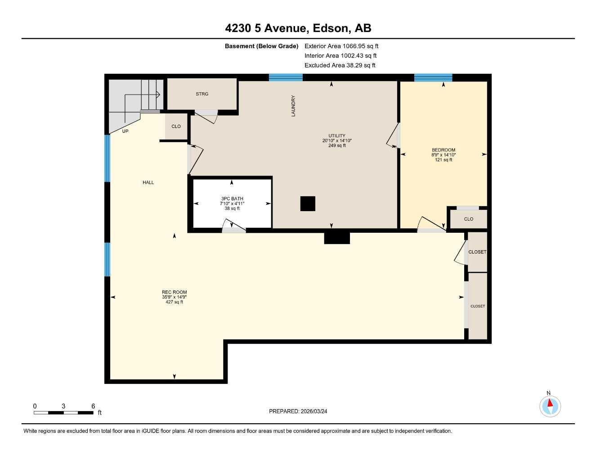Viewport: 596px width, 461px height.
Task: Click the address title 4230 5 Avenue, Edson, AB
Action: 298,28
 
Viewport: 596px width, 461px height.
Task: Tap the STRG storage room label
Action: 202,94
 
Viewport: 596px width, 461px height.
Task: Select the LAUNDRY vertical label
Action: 293,106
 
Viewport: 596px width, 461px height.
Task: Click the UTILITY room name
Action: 337,136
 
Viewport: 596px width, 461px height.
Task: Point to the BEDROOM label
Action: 444,150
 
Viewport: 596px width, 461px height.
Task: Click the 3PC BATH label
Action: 232,199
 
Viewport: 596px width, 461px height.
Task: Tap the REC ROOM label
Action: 175,292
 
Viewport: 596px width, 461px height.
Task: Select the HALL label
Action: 148,182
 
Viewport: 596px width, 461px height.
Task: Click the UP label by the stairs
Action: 125,131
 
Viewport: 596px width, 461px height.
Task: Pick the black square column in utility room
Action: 308,203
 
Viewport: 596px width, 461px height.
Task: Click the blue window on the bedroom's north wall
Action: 433,77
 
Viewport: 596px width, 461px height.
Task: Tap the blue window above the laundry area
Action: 286,77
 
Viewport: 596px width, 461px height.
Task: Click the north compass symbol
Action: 550,406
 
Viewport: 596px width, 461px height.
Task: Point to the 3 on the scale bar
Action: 63,406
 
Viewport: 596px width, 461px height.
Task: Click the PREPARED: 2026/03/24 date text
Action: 298,411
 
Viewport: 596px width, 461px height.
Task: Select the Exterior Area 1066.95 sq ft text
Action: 341,46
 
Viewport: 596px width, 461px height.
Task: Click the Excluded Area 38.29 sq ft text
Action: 340,65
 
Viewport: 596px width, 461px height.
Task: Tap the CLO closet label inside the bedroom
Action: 469,219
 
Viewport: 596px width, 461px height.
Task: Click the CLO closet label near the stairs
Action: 176,127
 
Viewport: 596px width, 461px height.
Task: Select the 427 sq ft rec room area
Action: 175,302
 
